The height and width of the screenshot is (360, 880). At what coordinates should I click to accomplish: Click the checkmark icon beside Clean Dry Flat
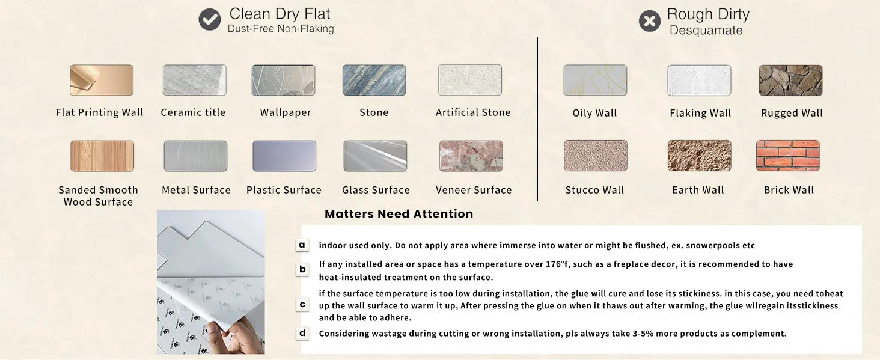(x=209, y=20)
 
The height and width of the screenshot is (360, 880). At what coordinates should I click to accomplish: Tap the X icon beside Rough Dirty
(x=649, y=21)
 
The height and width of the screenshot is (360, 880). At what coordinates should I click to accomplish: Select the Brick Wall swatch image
(x=787, y=156)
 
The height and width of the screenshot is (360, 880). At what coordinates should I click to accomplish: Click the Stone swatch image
(x=374, y=80)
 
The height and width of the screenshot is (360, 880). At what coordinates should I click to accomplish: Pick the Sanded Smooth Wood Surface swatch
(x=102, y=156)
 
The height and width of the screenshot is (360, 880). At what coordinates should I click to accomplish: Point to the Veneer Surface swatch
(x=471, y=156)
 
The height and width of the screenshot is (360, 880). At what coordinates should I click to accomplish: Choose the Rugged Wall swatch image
(x=790, y=81)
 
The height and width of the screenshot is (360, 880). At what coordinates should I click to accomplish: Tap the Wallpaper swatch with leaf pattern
(x=283, y=80)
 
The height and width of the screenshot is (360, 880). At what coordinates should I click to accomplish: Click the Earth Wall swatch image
(x=699, y=156)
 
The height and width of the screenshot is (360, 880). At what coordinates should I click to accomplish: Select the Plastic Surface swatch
(x=284, y=156)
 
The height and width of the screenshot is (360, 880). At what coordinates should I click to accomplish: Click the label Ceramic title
(x=193, y=112)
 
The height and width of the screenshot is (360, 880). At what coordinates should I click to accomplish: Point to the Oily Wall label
(x=594, y=113)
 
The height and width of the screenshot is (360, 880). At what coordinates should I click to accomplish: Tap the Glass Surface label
(x=376, y=190)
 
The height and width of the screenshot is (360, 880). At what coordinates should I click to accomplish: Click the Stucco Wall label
(x=594, y=190)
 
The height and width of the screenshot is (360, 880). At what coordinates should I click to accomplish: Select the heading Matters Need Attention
(x=399, y=213)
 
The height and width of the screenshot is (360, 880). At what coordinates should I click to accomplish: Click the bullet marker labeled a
(x=302, y=245)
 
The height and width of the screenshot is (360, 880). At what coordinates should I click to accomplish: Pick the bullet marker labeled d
(x=302, y=333)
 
